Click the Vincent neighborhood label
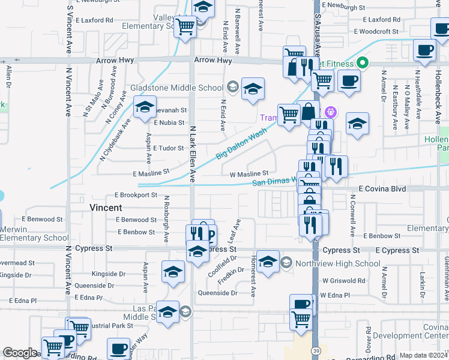coord(106,208)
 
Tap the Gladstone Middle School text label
coord(176,88)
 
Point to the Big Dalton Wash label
coord(241,145)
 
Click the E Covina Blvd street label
coord(382,188)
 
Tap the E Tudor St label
coord(169,148)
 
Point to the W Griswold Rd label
coord(343,280)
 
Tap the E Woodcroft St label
coord(376,32)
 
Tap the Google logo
coord(20,353)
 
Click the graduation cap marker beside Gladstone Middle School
coord(253,88)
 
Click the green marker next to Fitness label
coord(363,62)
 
